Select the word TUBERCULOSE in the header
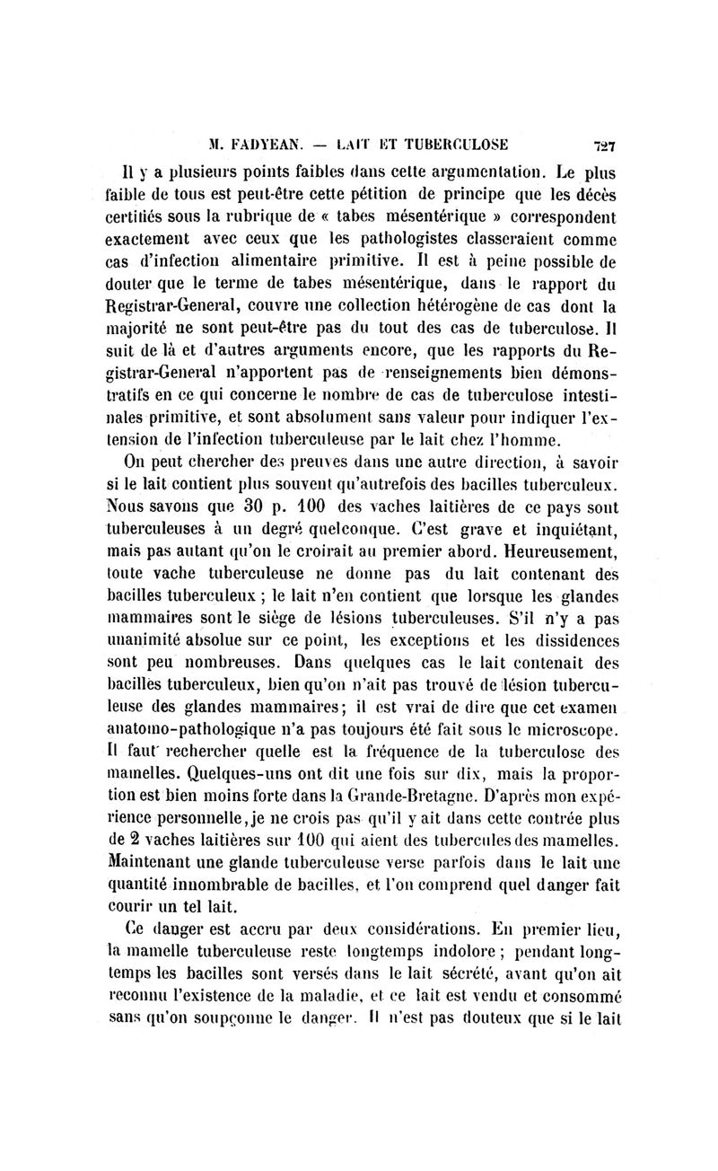click(460, 143)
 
